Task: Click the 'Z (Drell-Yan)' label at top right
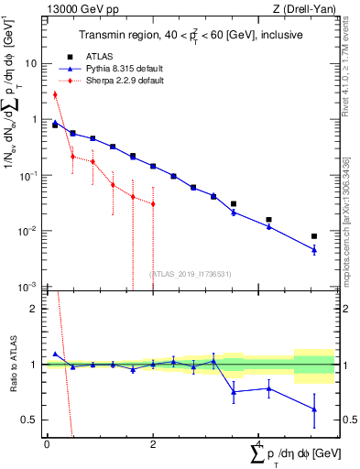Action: (308, 9)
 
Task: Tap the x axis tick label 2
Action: (152, 443)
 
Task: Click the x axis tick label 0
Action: (47, 443)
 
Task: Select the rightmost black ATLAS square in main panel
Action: (314, 236)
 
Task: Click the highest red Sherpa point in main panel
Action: (55, 94)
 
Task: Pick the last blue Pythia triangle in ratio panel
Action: (314, 409)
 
